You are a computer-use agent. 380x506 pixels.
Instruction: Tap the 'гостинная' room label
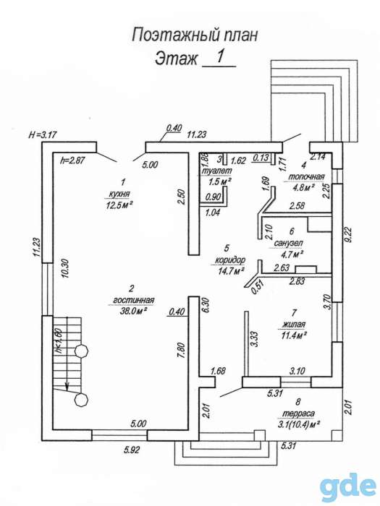(133, 300)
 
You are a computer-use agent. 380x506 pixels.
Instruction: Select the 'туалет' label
(216, 171)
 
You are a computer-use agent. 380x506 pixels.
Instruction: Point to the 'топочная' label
(305, 177)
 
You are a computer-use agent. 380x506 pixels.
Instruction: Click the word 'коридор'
(230, 260)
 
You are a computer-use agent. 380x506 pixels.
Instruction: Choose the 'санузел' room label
(288, 243)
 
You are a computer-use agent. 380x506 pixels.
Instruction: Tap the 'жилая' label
(294, 325)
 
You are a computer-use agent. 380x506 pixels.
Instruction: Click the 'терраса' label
(298, 413)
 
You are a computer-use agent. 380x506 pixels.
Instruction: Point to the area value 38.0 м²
(133, 310)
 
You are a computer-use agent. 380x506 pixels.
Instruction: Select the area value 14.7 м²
(231, 270)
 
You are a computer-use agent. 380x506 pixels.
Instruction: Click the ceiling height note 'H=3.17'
(43, 135)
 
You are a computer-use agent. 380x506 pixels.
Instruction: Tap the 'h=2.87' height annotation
(72, 160)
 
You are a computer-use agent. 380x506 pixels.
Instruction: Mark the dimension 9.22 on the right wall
(350, 233)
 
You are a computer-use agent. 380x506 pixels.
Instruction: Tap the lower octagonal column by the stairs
(81, 400)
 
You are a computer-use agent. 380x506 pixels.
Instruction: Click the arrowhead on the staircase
(67, 386)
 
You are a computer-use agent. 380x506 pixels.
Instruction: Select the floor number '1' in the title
(220, 57)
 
